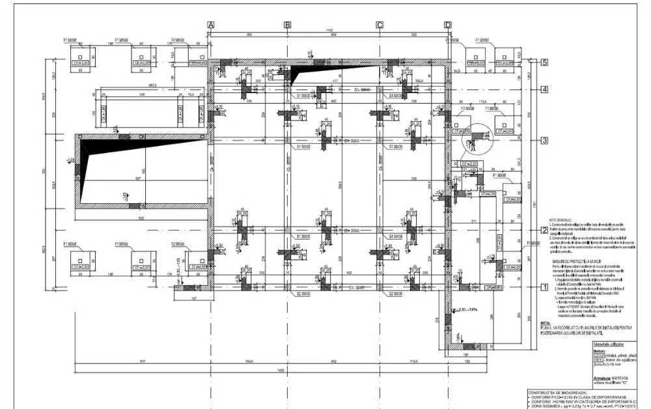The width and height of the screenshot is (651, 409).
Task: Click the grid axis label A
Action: tap(211, 24)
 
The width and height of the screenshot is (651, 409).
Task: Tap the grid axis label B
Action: tap(287, 24)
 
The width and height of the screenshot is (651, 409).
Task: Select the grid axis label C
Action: tap(380, 24)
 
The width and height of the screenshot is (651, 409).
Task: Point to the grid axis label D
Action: tap(447, 24)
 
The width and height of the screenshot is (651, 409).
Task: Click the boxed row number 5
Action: tap(545, 63)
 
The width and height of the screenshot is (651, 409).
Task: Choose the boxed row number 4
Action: tap(545, 90)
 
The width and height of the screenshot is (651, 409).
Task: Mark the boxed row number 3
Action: tap(545, 140)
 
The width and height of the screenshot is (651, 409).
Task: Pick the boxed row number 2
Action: tap(545, 230)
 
